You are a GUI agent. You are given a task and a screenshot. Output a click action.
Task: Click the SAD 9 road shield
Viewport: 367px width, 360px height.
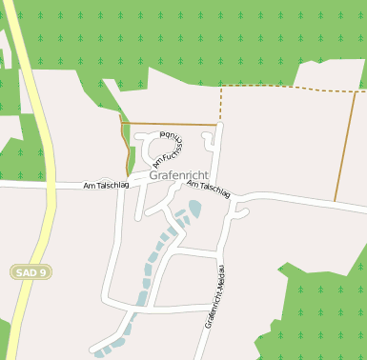tap(31, 272)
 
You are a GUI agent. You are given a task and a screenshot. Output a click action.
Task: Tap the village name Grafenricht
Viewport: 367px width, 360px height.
tap(178, 176)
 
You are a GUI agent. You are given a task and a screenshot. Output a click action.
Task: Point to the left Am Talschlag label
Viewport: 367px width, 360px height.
tap(104, 185)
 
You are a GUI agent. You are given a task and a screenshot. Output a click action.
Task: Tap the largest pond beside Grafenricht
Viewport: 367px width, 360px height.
tap(194, 208)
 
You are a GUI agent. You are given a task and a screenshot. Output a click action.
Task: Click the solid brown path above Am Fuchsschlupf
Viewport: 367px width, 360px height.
tap(172, 124)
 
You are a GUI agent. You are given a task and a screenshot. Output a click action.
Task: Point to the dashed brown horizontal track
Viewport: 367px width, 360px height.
tap(286, 89)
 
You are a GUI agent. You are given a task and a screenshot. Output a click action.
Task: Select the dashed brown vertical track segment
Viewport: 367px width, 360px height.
tap(220, 105)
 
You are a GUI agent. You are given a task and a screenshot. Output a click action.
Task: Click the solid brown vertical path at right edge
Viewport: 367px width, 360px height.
tap(345, 148)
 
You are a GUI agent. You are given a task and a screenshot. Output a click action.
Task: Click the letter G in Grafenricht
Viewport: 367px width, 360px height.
tap(153, 176)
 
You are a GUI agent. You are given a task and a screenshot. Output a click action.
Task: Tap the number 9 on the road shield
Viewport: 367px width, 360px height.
tap(43, 272)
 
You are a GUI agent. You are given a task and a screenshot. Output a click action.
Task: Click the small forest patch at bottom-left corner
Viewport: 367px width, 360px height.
tap(4, 338)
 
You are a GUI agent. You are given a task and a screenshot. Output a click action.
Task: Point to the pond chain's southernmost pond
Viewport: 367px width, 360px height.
tap(100, 353)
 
